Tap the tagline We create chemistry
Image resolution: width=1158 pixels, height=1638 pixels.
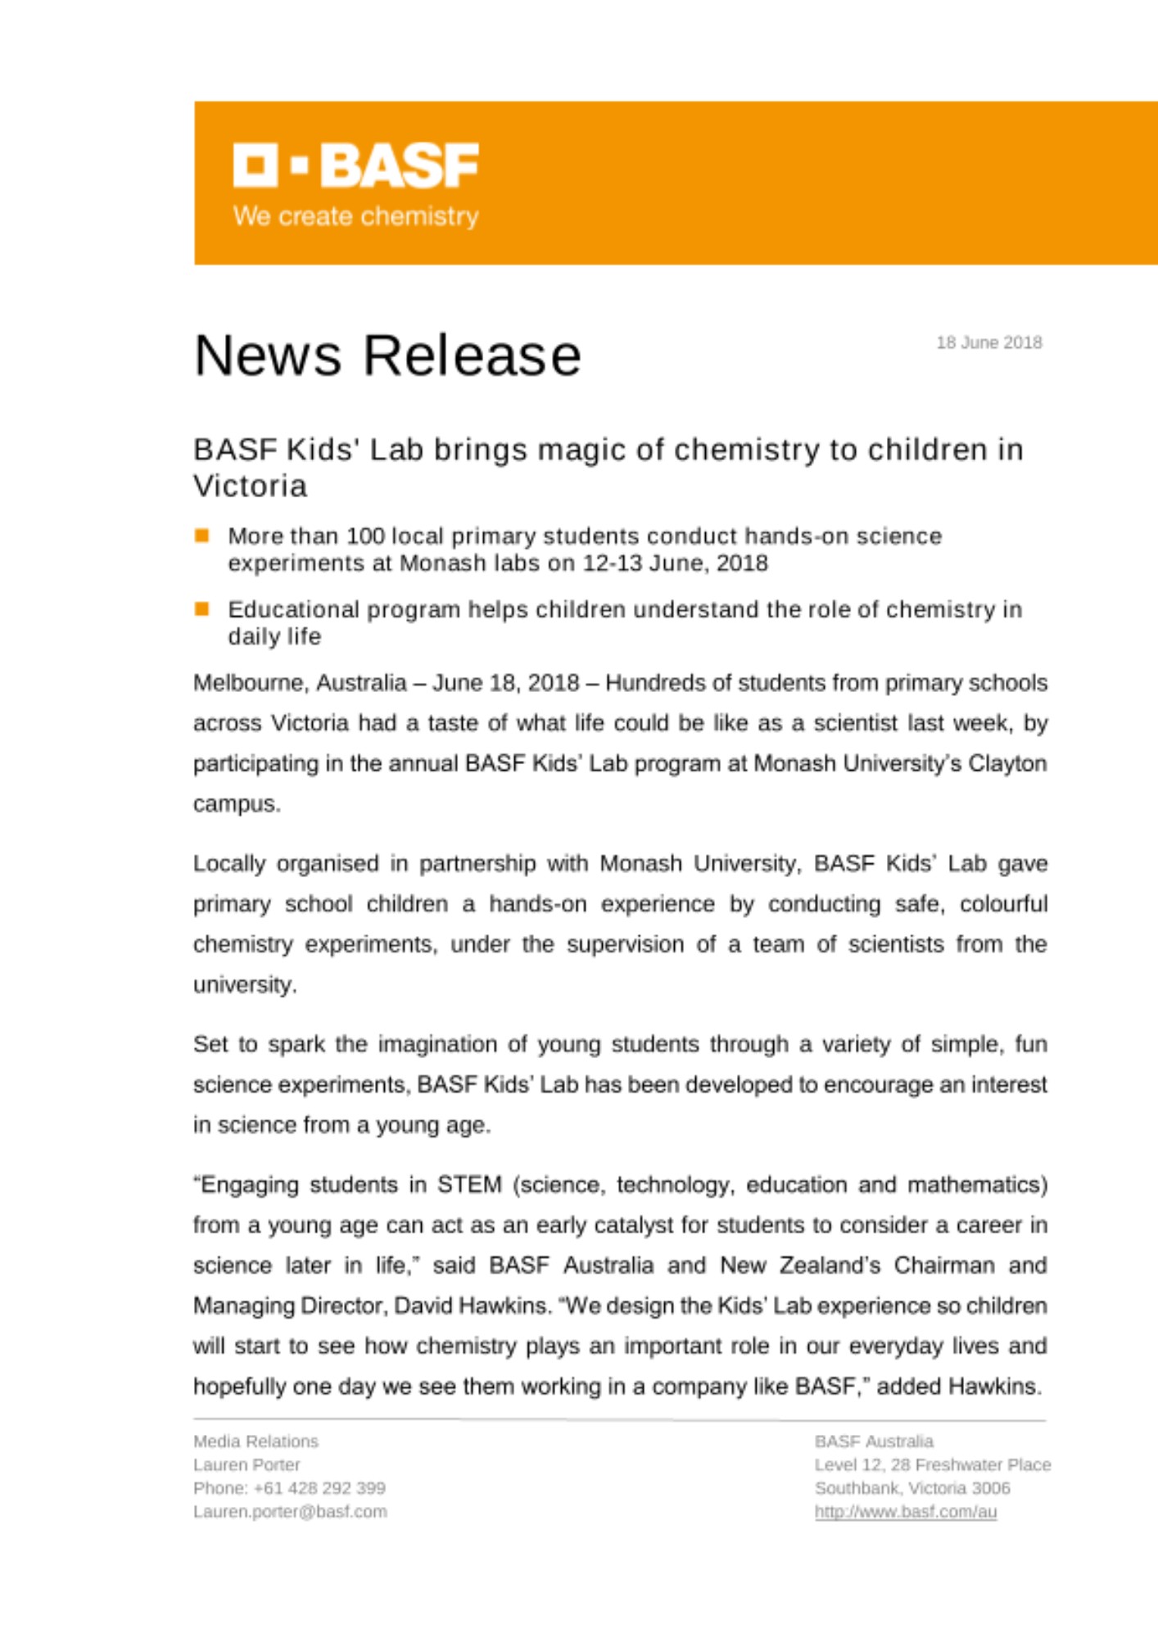click(x=355, y=216)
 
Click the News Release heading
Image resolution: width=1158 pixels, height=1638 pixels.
click(x=387, y=355)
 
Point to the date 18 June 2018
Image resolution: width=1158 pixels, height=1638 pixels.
click(x=988, y=342)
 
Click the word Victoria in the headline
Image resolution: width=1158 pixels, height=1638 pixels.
click(x=251, y=486)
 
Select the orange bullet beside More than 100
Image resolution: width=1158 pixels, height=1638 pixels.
click(x=201, y=536)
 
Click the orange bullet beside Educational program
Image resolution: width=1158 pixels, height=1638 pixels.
click(x=201, y=609)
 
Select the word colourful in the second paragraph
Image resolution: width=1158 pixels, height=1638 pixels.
click(x=1003, y=904)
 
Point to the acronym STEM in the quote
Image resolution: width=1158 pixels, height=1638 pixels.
click(x=469, y=1185)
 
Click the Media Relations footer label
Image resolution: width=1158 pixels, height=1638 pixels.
click(x=256, y=1441)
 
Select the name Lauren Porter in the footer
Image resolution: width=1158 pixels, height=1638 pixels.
click(x=247, y=1464)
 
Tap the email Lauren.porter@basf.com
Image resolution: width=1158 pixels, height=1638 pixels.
click(x=290, y=1512)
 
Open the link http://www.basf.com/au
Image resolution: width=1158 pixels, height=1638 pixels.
click(x=905, y=1512)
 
